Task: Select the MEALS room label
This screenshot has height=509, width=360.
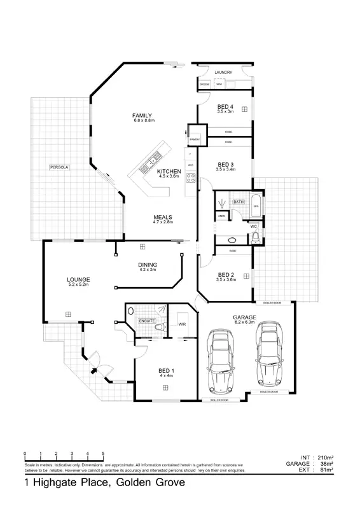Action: coord(162,218)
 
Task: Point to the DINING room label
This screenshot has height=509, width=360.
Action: coord(148,265)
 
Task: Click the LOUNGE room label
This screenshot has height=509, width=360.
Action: coord(79,279)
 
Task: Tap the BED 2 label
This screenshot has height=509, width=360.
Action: coord(226,275)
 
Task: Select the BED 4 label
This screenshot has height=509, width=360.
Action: coord(225,106)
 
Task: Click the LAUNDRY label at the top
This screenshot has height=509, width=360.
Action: coord(224,73)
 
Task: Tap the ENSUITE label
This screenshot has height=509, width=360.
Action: coord(147,321)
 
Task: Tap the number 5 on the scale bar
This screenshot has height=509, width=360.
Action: coord(104,453)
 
